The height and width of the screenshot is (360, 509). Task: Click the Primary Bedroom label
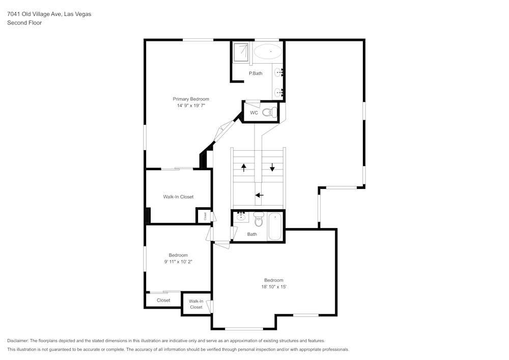(x=191, y=99)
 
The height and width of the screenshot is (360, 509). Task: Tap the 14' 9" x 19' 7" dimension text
(x=191, y=106)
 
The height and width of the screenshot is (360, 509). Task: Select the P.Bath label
(x=256, y=74)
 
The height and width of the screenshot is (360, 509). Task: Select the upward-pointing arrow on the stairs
(x=244, y=167)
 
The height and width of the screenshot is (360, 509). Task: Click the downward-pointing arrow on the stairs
(x=272, y=167)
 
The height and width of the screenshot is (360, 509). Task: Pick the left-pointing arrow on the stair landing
(x=259, y=195)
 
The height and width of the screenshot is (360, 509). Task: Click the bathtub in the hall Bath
(x=275, y=226)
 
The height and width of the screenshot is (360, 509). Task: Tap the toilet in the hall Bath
(x=259, y=221)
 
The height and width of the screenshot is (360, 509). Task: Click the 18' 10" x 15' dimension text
(x=273, y=287)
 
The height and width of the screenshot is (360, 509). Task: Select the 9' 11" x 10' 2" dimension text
(x=178, y=262)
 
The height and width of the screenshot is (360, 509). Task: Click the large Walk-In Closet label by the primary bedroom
(x=178, y=197)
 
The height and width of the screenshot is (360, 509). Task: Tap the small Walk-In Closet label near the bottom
(x=196, y=304)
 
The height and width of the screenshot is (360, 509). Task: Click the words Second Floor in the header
(x=24, y=23)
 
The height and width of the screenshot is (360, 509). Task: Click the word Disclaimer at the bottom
(x=18, y=341)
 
